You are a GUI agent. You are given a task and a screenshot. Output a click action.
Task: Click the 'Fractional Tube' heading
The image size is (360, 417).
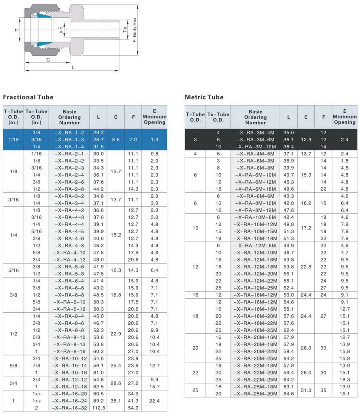pos(28,97)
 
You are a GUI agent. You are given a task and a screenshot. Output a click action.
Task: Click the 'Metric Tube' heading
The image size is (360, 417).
pos(204,97)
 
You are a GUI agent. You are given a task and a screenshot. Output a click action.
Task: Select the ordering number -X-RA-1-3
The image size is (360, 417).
pos(70,139)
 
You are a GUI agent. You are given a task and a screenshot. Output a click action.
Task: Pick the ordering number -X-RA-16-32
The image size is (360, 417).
pos(70,408)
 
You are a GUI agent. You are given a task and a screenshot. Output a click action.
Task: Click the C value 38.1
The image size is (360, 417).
pos(116,401)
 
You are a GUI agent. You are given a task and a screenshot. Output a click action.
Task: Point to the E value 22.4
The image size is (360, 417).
pos(154,401)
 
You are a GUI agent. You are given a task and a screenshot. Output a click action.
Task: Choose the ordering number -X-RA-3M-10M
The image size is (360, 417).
pos(255,147)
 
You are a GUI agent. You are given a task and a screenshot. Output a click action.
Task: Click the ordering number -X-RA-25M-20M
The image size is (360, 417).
pos(255,394)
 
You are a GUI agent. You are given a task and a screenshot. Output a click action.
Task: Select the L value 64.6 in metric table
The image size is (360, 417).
pos(288,394)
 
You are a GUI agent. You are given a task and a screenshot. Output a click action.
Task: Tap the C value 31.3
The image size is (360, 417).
pos(306,390)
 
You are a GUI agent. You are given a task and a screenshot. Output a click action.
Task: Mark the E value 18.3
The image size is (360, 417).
pos(345,380)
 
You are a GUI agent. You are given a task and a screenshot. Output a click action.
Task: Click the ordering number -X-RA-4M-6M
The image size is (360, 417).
pos(255,154)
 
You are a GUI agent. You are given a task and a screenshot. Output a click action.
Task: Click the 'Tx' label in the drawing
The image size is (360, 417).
pos(124,30)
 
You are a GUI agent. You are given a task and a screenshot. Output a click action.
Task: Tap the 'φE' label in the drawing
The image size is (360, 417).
pos(60,30)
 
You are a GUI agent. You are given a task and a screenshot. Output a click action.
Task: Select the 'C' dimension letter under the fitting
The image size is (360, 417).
pos(48,60)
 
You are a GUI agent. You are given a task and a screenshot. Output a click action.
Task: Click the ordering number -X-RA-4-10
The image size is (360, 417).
pos(70,252)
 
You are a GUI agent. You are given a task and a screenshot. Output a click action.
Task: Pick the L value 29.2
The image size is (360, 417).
pos(98,132)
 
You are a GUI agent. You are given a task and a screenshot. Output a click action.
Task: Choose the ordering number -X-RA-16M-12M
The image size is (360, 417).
pos(255,295)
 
